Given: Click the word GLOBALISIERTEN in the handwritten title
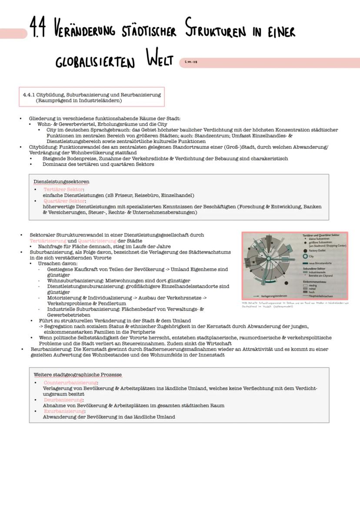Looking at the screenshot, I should pyautogui.click(x=95, y=62).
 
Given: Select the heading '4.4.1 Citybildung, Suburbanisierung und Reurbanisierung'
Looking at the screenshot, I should pyautogui.click(x=92, y=94).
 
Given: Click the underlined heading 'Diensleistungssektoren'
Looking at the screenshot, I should pyautogui.click(x=61, y=181).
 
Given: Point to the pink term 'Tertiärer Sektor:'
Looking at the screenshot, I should pyautogui.click(x=63, y=190).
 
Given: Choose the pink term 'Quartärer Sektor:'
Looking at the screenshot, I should pyautogui.click(x=64, y=201).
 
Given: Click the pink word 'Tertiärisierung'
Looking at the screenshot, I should pyautogui.click(x=48, y=240).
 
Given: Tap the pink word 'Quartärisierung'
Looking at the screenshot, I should pyautogui.click(x=97, y=240).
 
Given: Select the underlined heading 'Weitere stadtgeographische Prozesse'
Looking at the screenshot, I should pyautogui.click(x=77, y=374).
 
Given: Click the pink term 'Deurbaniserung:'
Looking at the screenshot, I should pyautogui.click(x=63, y=399).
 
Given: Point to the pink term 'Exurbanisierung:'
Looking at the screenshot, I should pyautogui.click(x=64, y=411).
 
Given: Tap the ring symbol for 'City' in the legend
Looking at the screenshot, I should pyautogui.click(x=305, y=256).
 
